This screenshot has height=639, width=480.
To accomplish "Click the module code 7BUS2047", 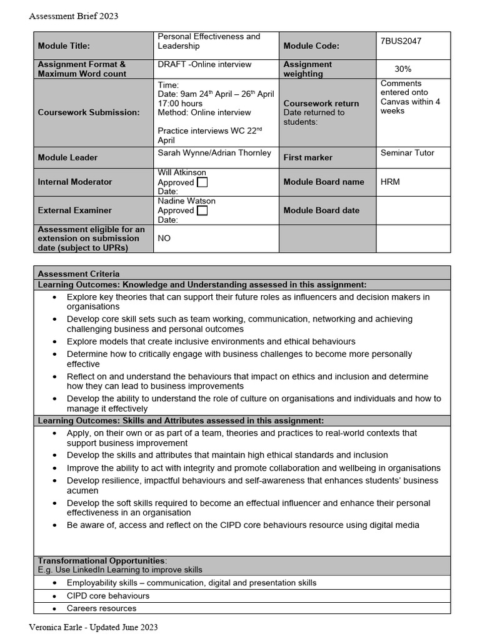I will pos(401,41).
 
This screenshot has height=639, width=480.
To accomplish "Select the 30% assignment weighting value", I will pos(402,69).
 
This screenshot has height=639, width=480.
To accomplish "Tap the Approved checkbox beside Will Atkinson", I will pos(202,182).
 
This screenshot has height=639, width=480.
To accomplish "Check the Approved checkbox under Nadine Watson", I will pos(202,211).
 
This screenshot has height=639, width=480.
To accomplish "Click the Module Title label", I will pos(64,46).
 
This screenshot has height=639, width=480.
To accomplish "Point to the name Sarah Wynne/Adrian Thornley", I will pos(214,153).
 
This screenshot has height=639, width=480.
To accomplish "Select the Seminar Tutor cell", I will pos(407,153).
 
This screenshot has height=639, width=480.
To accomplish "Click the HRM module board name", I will pos(390,182).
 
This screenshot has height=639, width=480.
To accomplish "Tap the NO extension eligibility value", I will pos(164,238).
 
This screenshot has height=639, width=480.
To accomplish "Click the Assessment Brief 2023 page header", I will pos(74,16).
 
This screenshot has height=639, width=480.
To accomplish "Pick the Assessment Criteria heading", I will pos(79,273).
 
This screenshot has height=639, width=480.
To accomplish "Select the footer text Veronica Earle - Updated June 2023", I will pos(93,627).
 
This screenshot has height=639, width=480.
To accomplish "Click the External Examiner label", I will pos(75,210).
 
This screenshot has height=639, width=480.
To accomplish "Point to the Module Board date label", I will pos(321,210).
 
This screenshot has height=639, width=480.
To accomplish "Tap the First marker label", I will pos(308,158).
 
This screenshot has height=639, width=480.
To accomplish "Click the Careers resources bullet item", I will pos(101,608).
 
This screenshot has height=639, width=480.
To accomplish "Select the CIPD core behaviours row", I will pos(107,596).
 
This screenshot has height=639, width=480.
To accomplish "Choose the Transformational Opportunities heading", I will pos(102,560).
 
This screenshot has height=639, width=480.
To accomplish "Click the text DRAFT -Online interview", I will pos(204,64).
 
